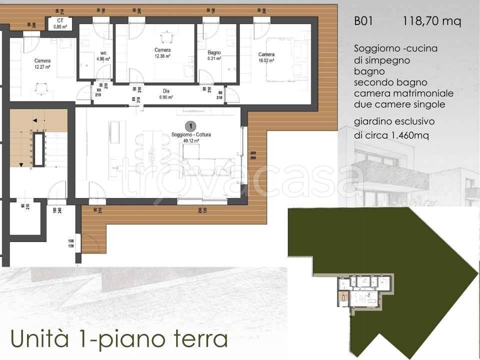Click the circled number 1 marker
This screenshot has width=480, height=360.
click(x=190, y=126)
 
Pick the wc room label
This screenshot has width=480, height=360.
click(x=103, y=52)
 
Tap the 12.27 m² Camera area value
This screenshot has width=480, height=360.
click(x=42, y=66)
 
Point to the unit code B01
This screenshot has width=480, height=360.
click(x=364, y=21)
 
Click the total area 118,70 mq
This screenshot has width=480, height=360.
click(x=431, y=21)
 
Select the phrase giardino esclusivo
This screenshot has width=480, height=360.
click(x=394, y=121)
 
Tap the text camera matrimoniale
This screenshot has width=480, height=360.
click(x=403, y=93)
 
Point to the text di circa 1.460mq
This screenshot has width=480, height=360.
click(x=392, y=135)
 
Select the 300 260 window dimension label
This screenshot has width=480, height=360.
click(x=253, y=156)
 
